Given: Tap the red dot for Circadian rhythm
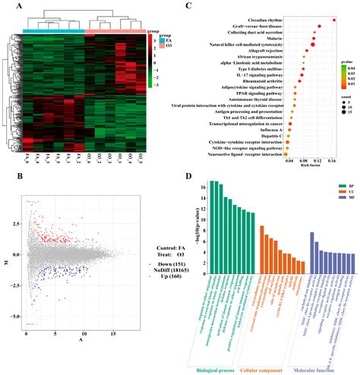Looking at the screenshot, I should tap(333, 20).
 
